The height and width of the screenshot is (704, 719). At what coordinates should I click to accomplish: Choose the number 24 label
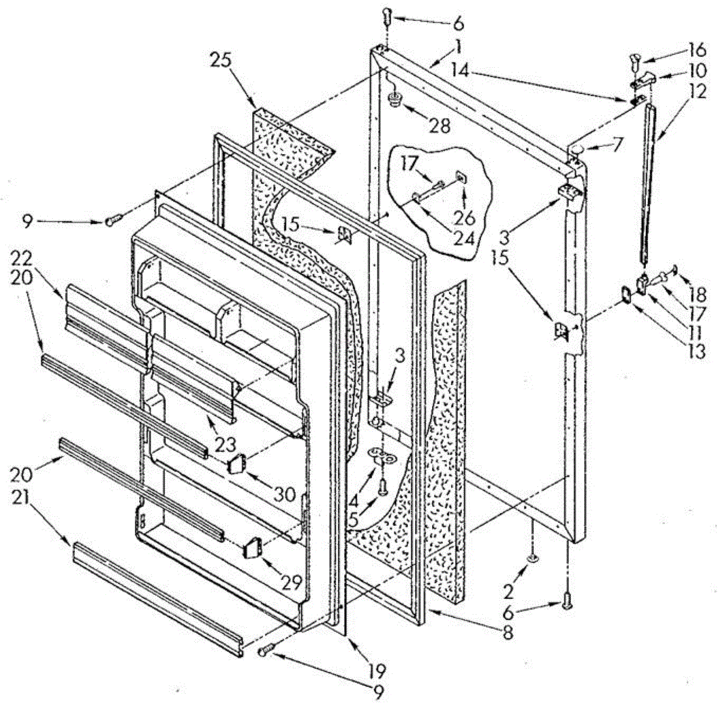[x=464, y=238]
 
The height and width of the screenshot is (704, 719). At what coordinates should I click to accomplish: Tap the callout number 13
[x=697, y=351]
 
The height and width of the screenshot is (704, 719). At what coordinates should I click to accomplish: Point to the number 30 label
[x=284, y=494]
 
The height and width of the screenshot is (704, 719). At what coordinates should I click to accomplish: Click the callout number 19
[x=378, y=670]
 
